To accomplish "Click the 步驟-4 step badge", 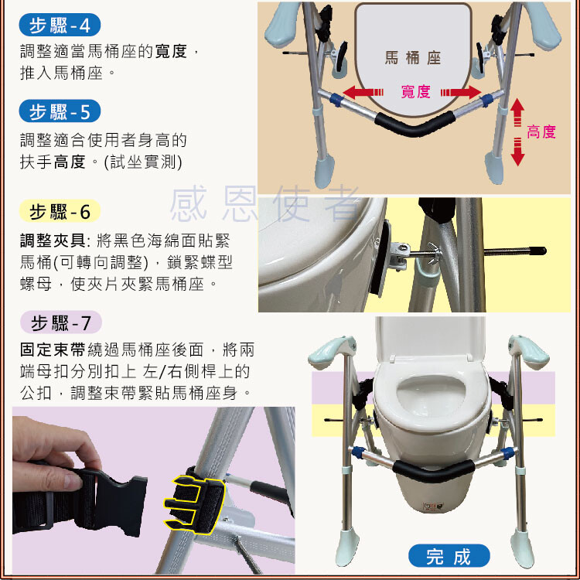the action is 60,25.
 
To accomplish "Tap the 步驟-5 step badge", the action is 60,111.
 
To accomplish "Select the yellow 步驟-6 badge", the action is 60,211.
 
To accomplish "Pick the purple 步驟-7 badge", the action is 60,322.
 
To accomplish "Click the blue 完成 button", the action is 449,556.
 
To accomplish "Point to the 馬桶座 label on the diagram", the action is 413,58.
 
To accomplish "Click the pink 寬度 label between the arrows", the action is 416,91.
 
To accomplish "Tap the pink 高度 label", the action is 541,131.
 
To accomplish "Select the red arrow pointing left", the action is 363,92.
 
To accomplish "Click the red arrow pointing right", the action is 461,92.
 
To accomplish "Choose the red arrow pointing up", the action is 517,112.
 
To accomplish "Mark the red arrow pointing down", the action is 517,152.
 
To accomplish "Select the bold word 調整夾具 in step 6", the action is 53,241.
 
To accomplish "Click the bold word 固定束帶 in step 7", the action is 53,350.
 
